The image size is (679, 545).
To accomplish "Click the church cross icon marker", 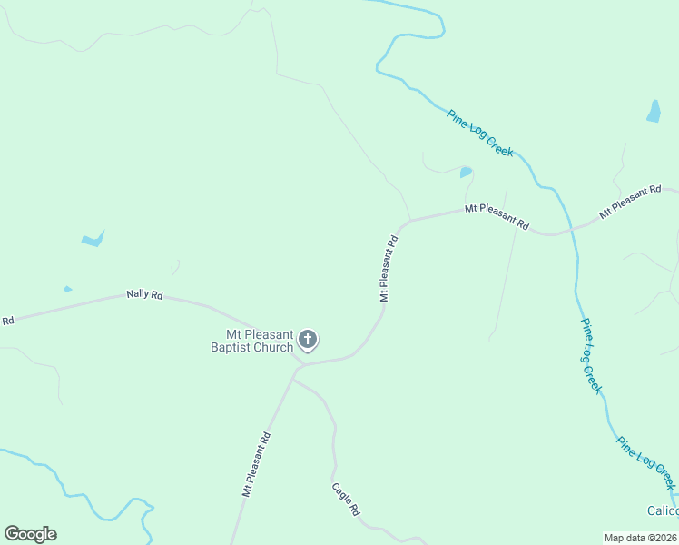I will (x=308, y=341).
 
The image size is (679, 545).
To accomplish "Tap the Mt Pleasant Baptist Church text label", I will (x=252, y=341).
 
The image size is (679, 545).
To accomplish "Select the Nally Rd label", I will (x=144, y=295).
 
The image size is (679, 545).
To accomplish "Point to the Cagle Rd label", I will (x=345, y=499).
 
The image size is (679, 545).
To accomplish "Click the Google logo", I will (x=30, y=534).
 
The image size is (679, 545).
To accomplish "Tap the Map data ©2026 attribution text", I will (x=640, y=538).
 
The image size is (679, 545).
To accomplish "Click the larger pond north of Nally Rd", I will (x=93, y=240).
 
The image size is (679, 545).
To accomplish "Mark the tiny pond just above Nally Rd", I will (x=68, y=290).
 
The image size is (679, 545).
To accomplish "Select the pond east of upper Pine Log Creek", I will (x=654, y=112).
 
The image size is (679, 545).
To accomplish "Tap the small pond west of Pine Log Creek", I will (x=466, y=172).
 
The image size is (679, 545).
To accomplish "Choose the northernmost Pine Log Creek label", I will (x=480, y=133).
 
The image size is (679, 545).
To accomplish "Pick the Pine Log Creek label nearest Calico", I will (x=645, y=463).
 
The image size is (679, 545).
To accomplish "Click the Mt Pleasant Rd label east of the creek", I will (x=629, y=203).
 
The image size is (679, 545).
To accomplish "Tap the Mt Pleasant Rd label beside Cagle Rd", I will (x=257, y=463).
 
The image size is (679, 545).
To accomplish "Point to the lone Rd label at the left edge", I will (x=8, y=321).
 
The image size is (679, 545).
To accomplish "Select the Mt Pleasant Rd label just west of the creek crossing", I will (x=497, y=215).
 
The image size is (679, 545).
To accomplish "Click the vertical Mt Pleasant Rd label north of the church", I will (x=389, y=269).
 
